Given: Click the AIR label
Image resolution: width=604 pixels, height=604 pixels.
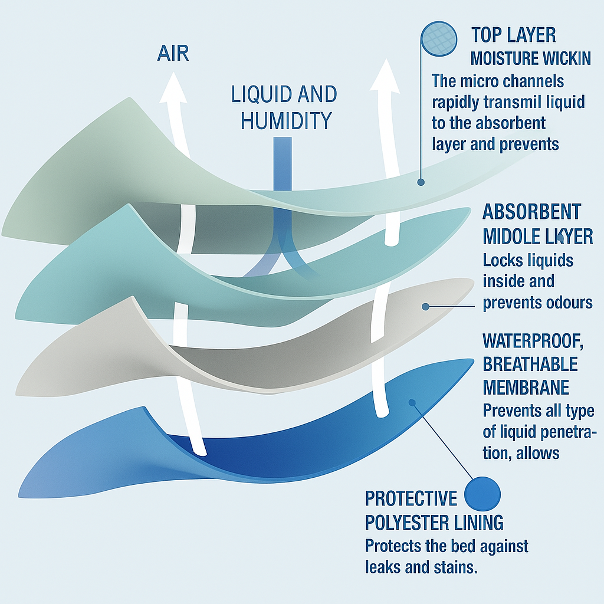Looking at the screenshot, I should (x=173, y=54).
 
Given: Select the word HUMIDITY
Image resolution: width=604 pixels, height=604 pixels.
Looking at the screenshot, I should (x=287, y=120).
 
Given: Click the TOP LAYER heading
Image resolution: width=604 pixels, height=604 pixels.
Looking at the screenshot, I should (x=513, y=35).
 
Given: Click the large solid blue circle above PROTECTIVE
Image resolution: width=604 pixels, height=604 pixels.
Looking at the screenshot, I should (x=482, y=494).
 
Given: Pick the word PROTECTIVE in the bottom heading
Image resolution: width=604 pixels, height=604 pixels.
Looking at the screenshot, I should (x=411, y=499).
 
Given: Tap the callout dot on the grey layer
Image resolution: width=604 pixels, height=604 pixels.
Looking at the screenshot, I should (x=425, y=306).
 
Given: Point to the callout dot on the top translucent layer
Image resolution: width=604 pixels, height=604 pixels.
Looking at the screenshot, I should (x=421, y=182).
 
